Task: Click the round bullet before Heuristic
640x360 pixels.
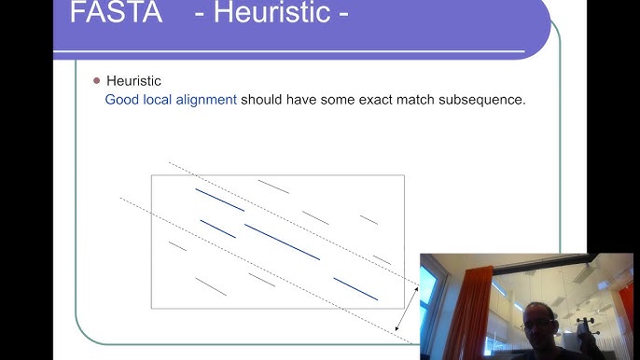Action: (96, 81)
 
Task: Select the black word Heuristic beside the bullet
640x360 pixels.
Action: (133, 82)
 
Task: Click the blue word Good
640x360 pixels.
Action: (121, 99)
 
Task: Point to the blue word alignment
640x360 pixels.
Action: (205, 99)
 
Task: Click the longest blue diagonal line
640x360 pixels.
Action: (282, 242)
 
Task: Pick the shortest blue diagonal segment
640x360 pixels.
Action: (217, 228)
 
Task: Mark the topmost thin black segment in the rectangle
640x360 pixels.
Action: (273, 187)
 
